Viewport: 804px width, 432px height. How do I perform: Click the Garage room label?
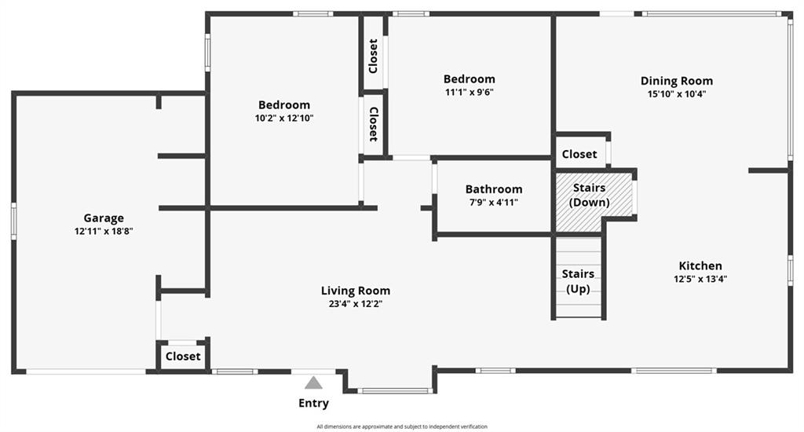tap(104, 218)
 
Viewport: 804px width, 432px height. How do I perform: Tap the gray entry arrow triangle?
tap(313, 383)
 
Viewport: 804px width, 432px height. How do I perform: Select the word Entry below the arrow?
tap(313, 403)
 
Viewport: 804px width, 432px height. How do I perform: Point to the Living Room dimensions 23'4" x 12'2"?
tap(356, 304)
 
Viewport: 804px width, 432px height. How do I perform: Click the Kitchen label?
tap(700, 265)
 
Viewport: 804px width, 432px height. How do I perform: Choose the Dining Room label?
tap(676, 81)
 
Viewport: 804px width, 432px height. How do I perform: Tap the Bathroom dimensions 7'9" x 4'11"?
tap(493, 202)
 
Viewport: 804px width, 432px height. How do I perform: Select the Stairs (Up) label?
tap(578, 281)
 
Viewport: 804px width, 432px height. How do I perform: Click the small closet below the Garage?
tap(182, 356)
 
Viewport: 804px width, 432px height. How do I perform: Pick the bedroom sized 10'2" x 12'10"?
tap(284, 112)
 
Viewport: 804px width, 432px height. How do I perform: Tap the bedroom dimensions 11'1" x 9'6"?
tap(470, 93)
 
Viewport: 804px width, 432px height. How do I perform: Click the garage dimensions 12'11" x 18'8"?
tap(104, 232)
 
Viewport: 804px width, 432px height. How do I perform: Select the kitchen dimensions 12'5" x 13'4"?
tap(700, 279)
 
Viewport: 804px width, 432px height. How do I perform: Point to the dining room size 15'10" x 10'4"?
tap(676, 94)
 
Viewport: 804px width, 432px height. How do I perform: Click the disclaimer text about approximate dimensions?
tap(402, 427)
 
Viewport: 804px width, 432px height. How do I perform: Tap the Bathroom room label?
tap(494, 189)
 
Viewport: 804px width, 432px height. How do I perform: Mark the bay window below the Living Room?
tap(396, 391)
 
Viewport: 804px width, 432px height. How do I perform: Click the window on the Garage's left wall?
tap(14, 221)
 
